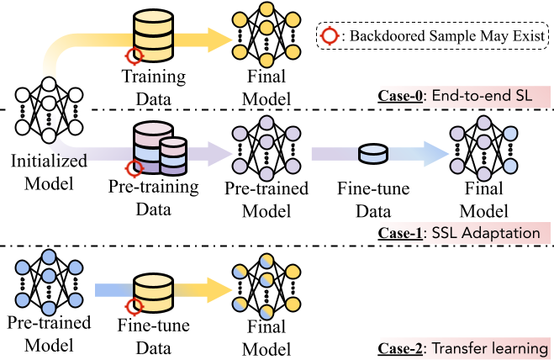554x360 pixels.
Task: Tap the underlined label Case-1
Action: [402, 233]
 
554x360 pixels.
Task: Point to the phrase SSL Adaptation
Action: [485, 233]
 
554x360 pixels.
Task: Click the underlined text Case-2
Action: [402, 348]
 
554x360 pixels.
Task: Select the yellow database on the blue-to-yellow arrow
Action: [153, 290]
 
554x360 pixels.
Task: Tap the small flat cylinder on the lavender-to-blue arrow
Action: [372, 154]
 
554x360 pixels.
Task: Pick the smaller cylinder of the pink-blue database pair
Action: [173, 156]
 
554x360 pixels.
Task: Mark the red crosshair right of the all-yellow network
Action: [329, 35]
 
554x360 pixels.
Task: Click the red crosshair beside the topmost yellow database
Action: [133, 56]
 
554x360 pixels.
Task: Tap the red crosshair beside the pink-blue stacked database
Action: [133, 169]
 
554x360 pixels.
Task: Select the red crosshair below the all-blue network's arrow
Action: [133, 307]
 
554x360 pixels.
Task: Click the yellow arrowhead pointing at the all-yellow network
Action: [220, 40]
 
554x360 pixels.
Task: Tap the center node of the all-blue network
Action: [49, 277]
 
